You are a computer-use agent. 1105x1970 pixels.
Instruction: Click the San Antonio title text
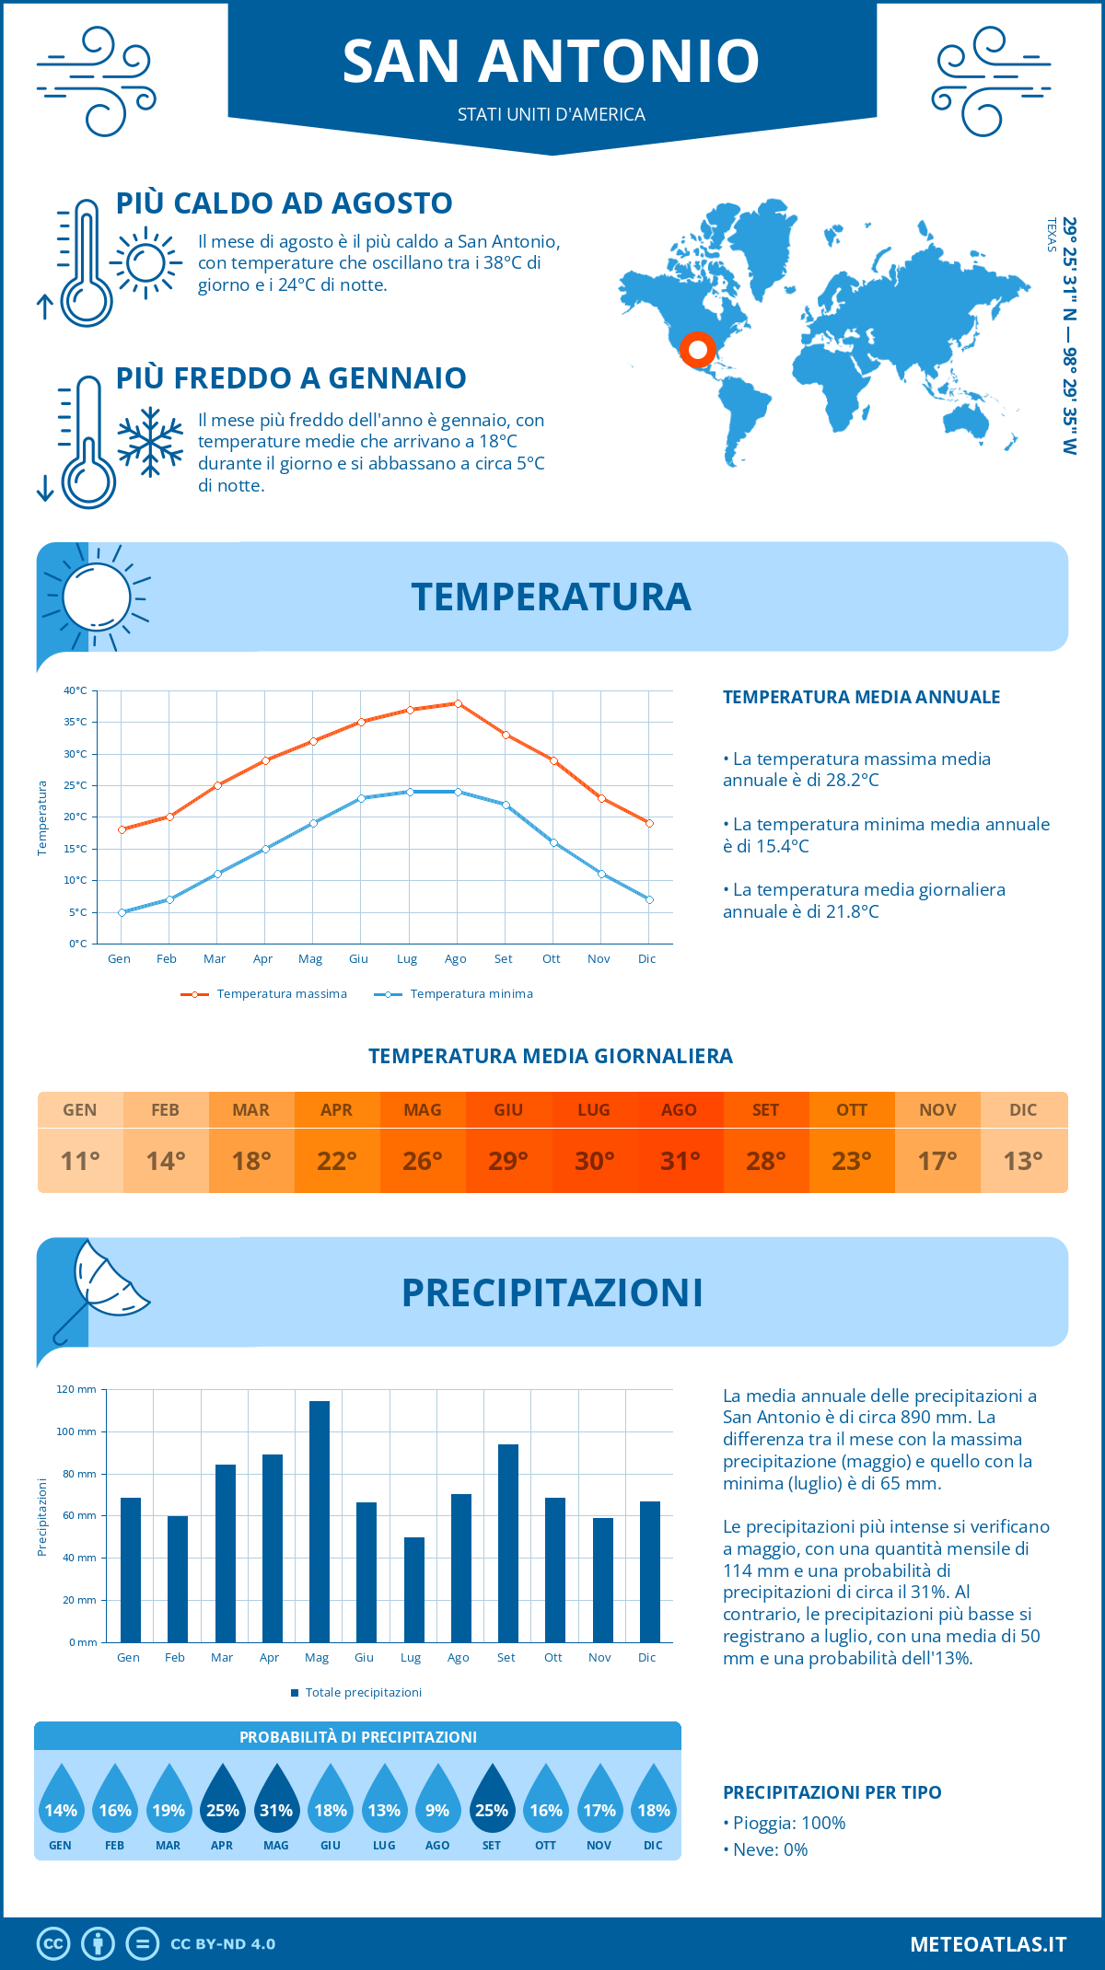551,62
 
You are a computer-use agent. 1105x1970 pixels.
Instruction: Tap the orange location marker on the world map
697,350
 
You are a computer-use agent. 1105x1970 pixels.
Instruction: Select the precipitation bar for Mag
320,1521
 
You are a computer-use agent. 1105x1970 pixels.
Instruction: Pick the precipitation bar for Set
508,1543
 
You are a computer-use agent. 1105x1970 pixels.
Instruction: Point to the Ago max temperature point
458,703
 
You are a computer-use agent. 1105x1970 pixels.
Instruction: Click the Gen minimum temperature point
122,912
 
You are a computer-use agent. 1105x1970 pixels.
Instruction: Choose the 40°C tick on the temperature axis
76,690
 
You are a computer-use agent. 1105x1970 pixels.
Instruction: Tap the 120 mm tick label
76,1389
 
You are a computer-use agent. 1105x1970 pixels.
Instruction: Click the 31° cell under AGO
680,1161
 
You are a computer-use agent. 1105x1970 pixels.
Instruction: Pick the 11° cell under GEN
80,1161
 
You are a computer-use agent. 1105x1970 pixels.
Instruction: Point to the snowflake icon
150,443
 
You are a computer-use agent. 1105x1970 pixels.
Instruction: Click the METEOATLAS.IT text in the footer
987,1943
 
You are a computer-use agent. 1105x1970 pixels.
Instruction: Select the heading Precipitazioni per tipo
832,1792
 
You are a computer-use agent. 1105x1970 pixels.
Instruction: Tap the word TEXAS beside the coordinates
1052,235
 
